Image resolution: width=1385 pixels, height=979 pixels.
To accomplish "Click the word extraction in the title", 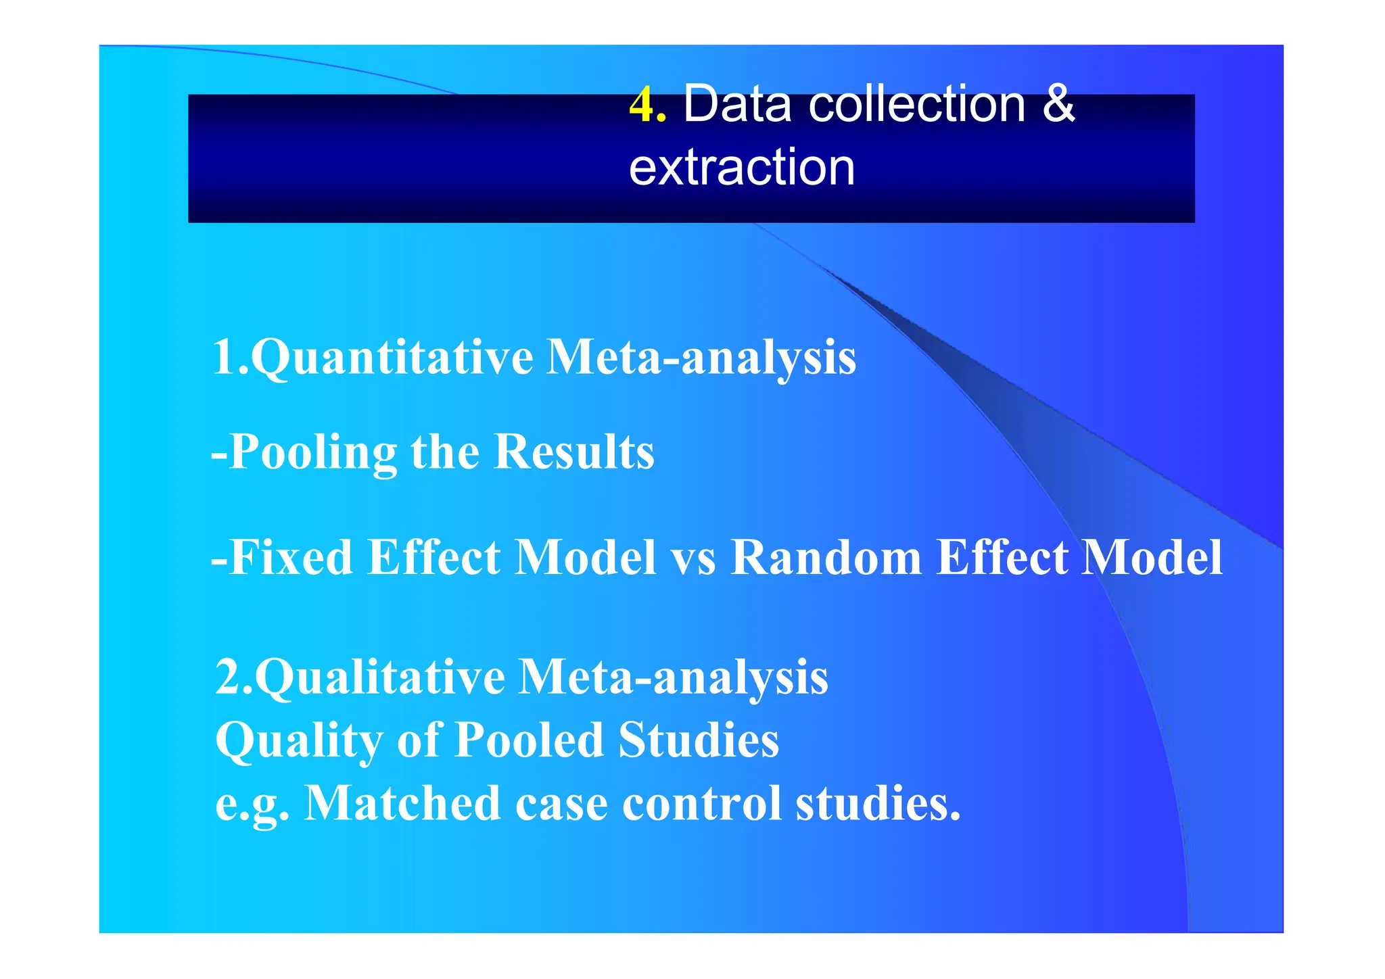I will (x=742, y=167).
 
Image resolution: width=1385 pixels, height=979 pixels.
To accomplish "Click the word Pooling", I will (x=313, y=452).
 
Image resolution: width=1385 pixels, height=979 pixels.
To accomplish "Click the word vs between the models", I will (x=692, y=558).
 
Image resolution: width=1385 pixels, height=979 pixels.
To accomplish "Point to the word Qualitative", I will (x=379, y=677).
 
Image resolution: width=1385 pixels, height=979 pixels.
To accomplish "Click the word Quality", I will (x=299, y=740).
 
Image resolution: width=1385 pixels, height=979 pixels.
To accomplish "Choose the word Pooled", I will (x=528, y=739).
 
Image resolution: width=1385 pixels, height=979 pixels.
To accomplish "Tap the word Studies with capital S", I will (x=699, y=739).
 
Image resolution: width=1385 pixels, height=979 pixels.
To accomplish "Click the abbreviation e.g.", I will (x=252, y=805).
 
